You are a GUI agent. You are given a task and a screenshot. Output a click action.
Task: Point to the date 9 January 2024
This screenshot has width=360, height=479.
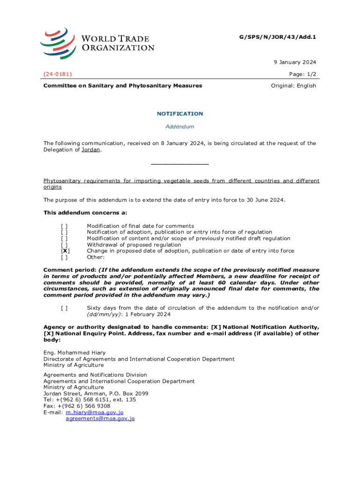295,62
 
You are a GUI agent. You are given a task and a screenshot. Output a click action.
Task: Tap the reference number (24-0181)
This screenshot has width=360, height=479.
58,74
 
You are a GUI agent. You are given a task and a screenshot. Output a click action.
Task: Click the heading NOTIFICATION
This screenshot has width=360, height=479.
180,114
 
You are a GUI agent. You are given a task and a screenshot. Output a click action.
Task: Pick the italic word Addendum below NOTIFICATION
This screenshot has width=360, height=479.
180,127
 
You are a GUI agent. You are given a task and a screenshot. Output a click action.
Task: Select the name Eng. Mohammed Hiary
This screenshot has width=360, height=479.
74,353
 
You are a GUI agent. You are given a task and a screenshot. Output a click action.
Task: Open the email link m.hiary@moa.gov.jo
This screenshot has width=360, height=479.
94,413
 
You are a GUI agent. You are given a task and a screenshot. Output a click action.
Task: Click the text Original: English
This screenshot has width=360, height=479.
294,86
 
